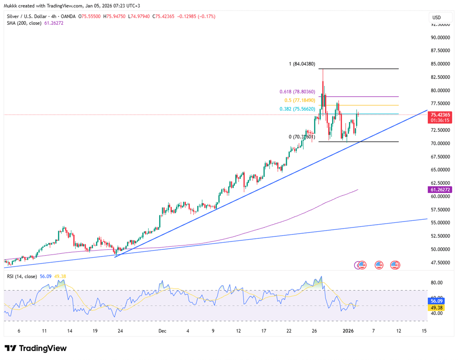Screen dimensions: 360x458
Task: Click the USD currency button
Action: [437, 18]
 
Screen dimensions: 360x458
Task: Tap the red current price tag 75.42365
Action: [440, 115]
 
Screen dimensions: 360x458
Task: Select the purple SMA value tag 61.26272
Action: [440, 190]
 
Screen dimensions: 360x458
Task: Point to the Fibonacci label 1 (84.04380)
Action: [302, 64]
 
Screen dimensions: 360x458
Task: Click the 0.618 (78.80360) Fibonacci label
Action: [297, 92]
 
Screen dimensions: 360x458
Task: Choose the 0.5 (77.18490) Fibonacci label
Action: [300, 100]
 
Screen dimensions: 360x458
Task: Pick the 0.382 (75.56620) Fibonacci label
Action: [297, 109]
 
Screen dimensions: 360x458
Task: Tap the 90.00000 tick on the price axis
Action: [440, 38]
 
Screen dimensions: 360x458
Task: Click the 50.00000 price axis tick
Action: [440, 249]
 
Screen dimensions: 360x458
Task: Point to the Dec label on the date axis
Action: [162, 331]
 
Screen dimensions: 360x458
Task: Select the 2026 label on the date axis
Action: [348, 331]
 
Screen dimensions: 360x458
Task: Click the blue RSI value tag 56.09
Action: [437, 301]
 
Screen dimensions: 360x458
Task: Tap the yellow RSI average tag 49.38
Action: [437, 308]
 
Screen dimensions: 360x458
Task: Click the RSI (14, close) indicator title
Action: [22, 276]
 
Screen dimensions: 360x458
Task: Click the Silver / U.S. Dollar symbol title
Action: [26, 16]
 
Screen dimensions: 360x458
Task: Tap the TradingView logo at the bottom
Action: [35, 348]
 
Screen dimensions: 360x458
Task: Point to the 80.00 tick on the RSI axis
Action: [437, 282]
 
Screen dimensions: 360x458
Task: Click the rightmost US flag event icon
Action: [395, 265]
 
